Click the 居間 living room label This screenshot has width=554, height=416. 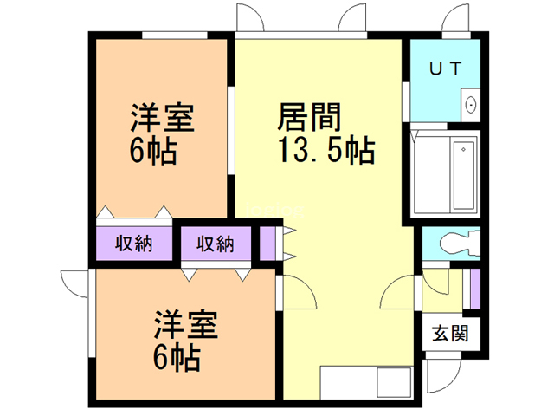(x=309, y=117)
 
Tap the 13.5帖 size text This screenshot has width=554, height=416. (x=326, y=150)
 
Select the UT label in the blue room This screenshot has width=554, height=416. (x=446, y=68)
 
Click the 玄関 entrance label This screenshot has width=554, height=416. (x=450, y=333)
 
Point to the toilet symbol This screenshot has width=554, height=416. (x=460, y=242)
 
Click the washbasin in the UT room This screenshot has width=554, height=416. (x=471, y=105)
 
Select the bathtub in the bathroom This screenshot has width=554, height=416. (x=464, y=175)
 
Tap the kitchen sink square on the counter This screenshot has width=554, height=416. (x=394, y=383)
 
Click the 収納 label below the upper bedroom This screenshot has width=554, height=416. (x=133, y=244)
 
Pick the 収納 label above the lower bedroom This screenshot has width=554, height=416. (x=216, y=244)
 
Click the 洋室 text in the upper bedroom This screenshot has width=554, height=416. (x=162, y=118)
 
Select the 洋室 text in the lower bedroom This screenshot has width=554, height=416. (x=185, y=324)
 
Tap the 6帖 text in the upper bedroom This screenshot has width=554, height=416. (x=152, y=151)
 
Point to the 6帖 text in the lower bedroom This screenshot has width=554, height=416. (x=177, y=356)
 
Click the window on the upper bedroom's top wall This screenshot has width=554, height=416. (x=175, y=35)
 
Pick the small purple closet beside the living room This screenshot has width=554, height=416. (x=267, y=243)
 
